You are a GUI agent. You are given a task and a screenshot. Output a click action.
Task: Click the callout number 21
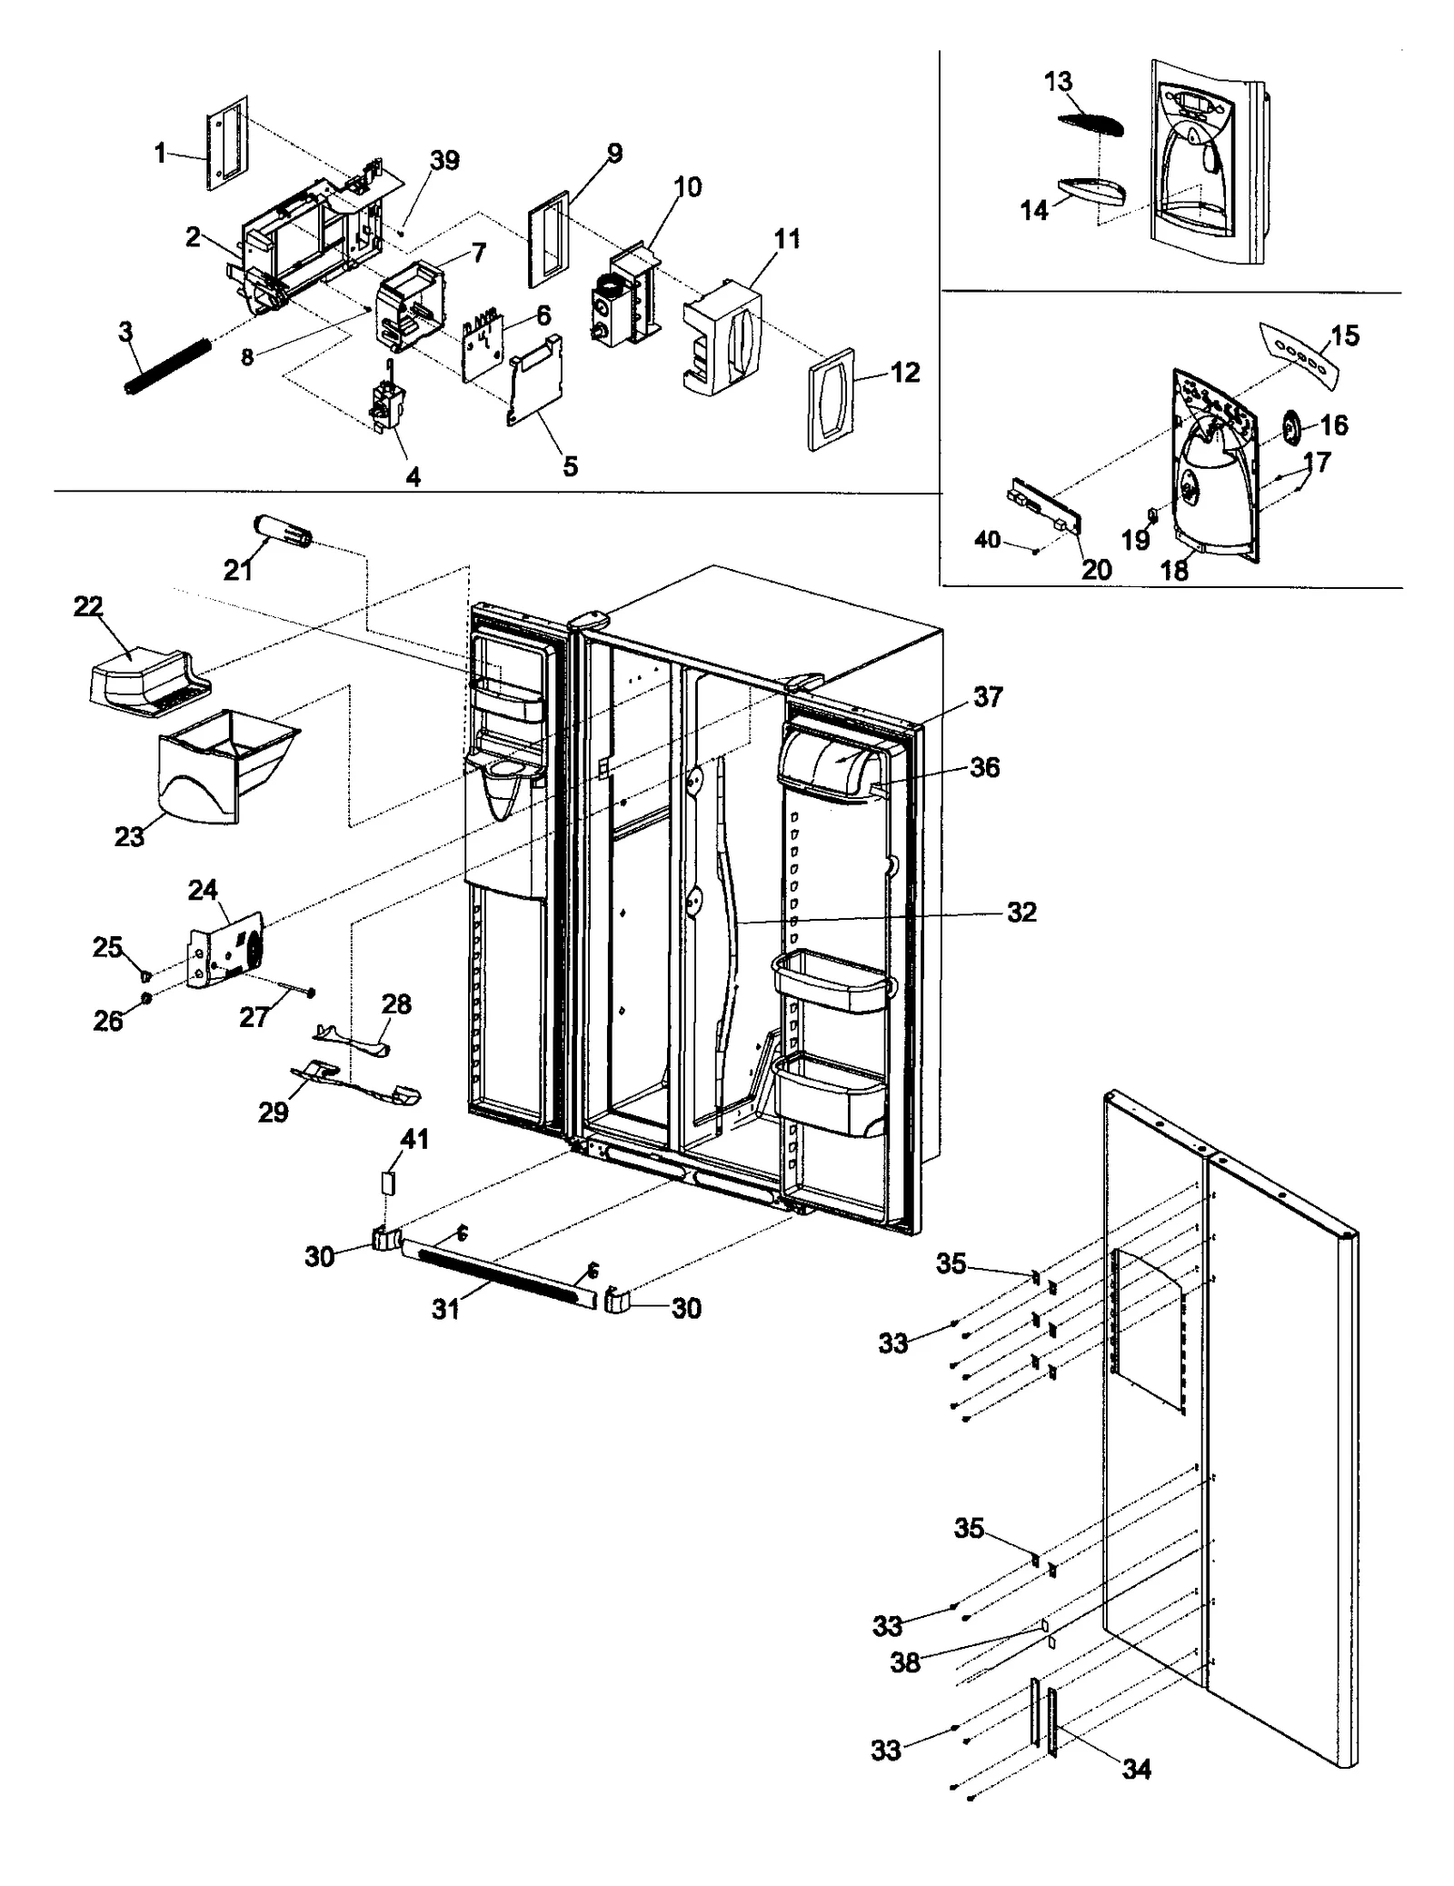tap(237, 570)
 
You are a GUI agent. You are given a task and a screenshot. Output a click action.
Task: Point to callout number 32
tap(1021, 912)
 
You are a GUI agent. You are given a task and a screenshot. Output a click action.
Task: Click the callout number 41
tap(414, 1139)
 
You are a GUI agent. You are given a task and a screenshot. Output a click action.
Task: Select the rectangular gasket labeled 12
tap(831, 399)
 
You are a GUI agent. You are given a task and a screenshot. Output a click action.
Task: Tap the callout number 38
tap(904, 1662)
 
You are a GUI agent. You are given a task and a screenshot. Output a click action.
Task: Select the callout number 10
tap(687, 187)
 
